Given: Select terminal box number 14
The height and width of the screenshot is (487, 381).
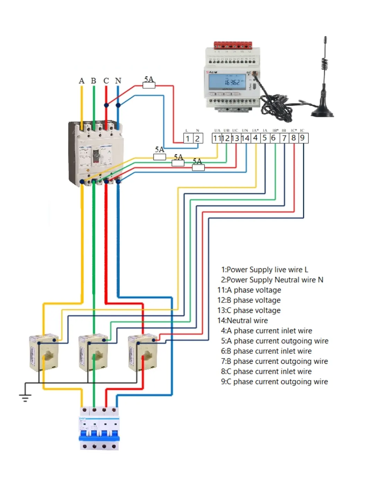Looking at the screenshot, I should click(x=245, y=138).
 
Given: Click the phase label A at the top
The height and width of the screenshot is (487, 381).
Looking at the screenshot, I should click(x=82, y=81).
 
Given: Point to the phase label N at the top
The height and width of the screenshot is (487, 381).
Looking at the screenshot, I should click(x=118, y=81).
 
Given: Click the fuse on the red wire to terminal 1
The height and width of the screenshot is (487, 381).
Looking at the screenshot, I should click(x=149, y=85).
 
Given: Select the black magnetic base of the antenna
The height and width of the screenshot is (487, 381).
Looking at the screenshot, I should click(x=322, y=112).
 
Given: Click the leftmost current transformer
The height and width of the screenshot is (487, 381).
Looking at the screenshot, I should click(x=43, y=352).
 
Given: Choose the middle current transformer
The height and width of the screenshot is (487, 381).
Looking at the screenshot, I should click(x=93, y=352).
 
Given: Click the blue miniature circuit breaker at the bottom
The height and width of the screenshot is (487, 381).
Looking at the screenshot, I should click(x=99, y=429).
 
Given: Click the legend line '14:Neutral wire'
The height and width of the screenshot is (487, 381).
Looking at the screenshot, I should click(x=242, y=321).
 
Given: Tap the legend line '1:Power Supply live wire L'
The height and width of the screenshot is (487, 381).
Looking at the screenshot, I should click(x=265, y=270).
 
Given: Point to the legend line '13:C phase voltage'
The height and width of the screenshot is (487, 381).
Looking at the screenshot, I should click(x=249, y=310).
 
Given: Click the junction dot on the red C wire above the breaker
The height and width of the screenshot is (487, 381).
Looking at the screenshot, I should click(x=106, y=105).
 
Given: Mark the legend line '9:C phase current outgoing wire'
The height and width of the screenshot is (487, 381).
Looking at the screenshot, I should click(x=274, y=382).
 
